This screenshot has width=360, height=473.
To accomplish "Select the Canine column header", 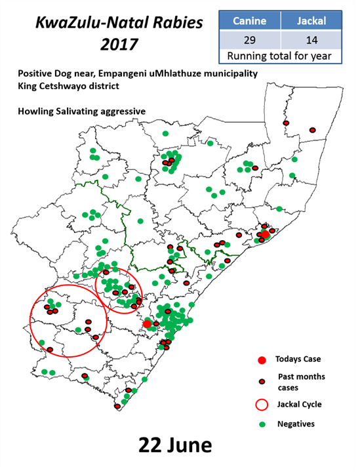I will tap(249, 21).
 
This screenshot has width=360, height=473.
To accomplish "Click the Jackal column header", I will tap(311, 21).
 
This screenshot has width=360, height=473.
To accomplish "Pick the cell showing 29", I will tap(249, 39).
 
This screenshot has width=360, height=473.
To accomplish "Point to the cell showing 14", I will tap(311, 39).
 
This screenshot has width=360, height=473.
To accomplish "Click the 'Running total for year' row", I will tap(280, 56).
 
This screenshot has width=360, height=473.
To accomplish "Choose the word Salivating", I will tap(79, 112).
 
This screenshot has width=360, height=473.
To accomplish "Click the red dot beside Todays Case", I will tap(262, 360).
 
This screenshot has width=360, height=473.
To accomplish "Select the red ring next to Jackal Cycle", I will tap(262, 404).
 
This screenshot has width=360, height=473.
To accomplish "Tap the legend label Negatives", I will tap(296, 424).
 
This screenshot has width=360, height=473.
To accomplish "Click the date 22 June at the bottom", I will tap(175, 445).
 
